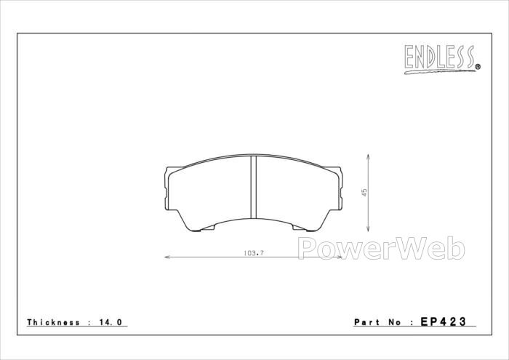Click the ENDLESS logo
click(x=442, y=59)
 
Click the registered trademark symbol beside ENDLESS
click(x=478, y=67)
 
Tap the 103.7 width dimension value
click(x=254, y=253)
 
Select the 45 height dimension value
click(x=365, y=192)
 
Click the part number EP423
click(x=443, y=321)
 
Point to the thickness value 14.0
click(x=111, y=322)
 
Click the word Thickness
click(x=53, y=322)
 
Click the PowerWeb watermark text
click(x=381, y=248)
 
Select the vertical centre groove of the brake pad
click(x=254, y=188)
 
